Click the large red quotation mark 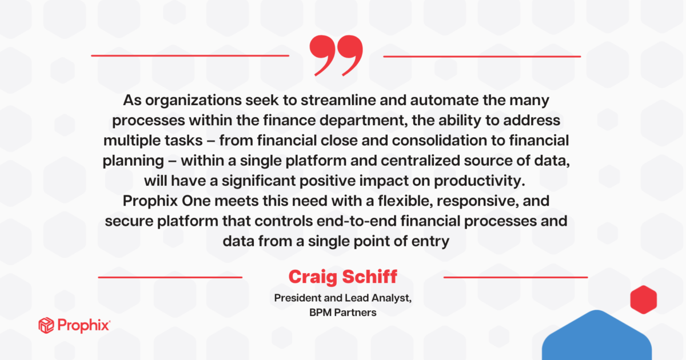coord(336,55)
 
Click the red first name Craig coord(313,278)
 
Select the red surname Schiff coord(369,278)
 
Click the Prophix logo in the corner coord(74,326)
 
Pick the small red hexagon coord(643,299)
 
